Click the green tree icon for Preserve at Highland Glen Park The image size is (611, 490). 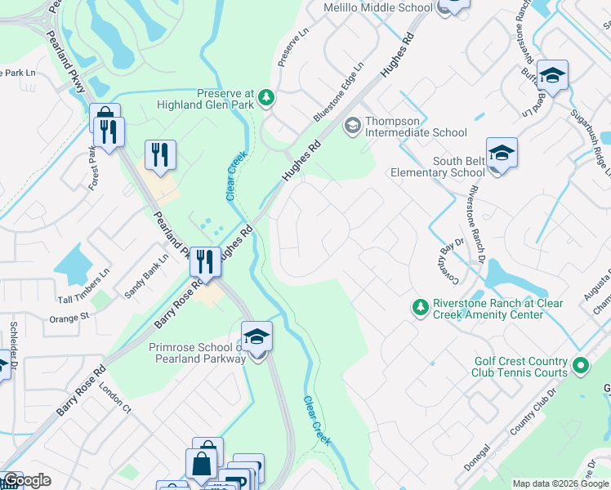point(266,98)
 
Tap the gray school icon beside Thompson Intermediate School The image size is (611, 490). point(353,125)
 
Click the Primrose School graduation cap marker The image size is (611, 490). point(256,336)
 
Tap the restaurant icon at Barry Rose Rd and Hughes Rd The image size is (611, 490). point(205,262)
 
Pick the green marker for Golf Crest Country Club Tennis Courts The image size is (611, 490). point(581,365)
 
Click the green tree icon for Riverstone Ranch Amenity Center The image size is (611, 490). point(420,307)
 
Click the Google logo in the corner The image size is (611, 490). point(26,480)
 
